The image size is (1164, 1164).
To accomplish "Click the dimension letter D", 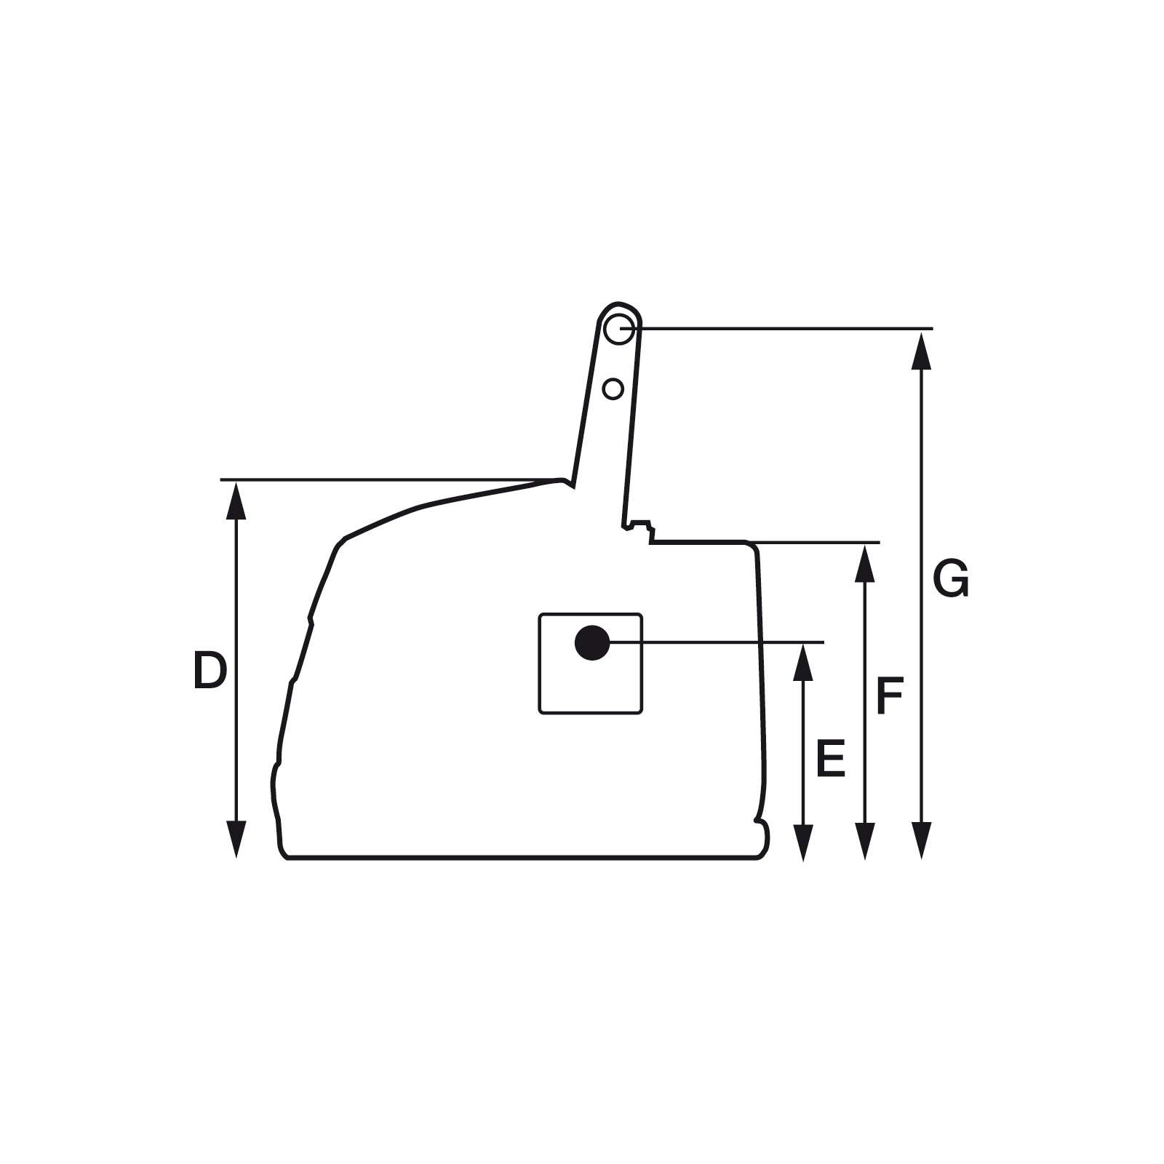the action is [210, 671].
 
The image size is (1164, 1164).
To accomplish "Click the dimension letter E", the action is [831, 759].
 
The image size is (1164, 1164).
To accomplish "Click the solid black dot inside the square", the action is [592, 642].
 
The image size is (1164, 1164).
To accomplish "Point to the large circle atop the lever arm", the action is [618, 329].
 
